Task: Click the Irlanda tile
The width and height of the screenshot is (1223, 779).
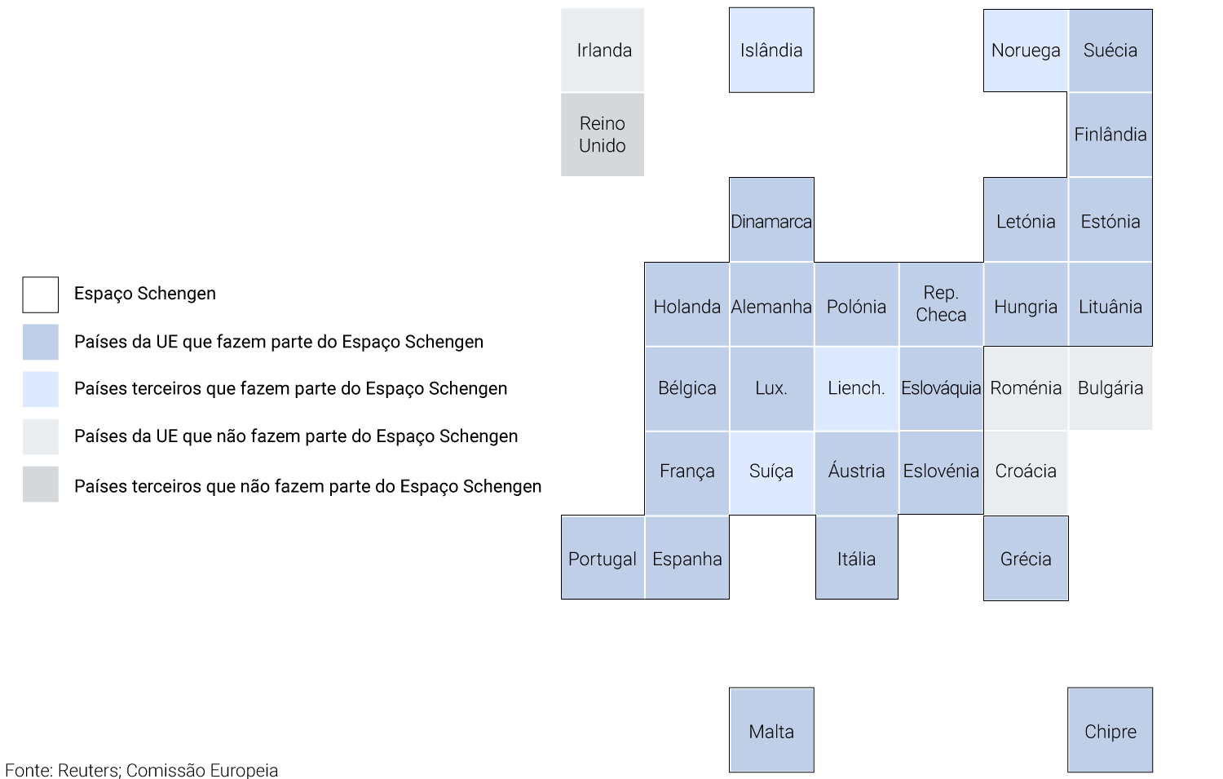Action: coord(603,50)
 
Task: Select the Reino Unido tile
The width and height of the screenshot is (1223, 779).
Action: coord(603,135)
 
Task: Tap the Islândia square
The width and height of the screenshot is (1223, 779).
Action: coord(771,50)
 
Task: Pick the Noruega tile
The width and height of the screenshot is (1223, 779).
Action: coord(1026,50)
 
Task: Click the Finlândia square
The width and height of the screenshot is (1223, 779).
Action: coord(1110,135)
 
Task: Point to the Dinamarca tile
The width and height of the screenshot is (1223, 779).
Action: coord(771,220)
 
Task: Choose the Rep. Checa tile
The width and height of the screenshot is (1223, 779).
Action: coord(941,304)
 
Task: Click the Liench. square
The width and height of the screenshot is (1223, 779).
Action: coord(856,388)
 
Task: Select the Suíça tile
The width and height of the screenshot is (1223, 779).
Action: coord(771,471)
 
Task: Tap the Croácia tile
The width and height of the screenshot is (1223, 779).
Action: coord(1026,471)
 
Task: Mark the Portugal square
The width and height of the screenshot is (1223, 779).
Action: coord(603,559)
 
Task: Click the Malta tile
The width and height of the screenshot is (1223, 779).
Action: coord(771,731)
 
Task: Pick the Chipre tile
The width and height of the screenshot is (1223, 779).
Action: coord(1110,731)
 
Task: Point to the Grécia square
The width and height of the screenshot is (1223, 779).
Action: coord(1026,559)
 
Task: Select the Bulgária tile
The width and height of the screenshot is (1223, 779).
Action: coord(1110,388)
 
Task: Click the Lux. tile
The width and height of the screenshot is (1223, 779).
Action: coord(771,388)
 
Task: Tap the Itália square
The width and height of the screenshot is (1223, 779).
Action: coord(856,559)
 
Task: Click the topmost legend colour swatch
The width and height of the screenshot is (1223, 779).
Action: coord(41,342)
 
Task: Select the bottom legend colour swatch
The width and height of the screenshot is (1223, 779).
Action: coord(41,484)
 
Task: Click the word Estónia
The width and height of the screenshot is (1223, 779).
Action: coord(1110,221)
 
